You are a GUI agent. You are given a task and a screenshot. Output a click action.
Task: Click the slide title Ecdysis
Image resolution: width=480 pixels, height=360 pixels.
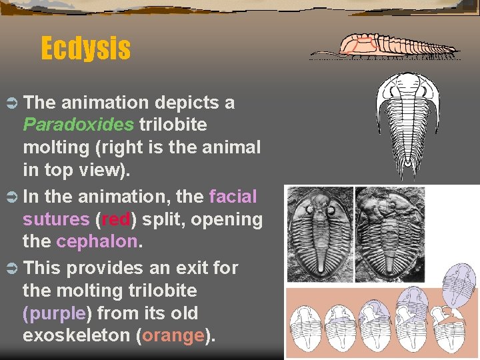[85, 48]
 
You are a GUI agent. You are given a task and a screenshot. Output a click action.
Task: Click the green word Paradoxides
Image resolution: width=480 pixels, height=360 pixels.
[78, 125]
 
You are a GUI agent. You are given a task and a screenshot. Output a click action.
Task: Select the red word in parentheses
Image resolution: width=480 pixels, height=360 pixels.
[119, 219]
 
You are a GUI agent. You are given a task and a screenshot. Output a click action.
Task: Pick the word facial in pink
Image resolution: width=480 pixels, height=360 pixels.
[233, 197]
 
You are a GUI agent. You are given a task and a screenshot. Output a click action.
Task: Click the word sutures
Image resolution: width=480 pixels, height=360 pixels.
[56, 219]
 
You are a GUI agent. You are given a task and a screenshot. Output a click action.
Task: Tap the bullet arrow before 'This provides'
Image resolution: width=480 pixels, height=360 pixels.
[11, 269]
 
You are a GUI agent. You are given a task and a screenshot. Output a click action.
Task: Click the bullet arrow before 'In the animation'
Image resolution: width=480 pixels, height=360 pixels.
[11, 197]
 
